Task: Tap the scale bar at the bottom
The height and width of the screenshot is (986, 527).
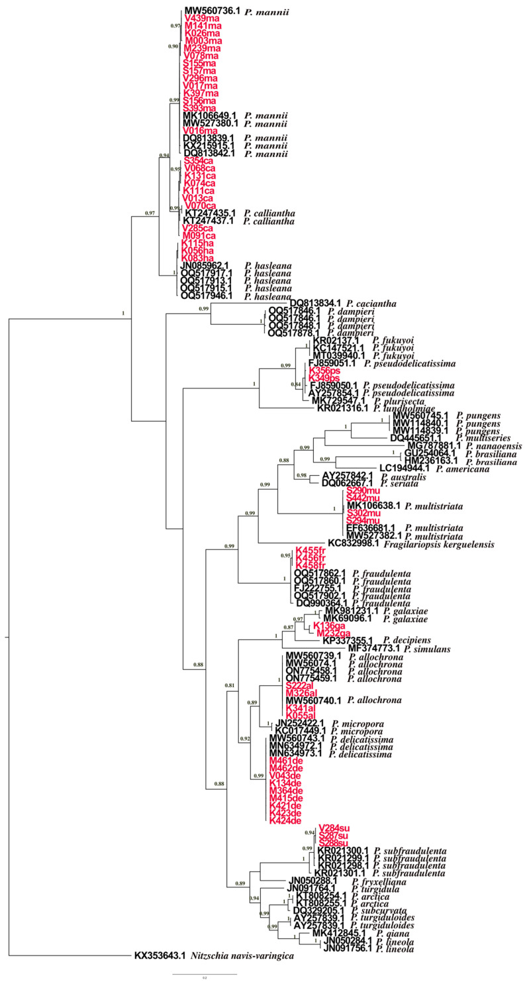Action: [x=205, y=974]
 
